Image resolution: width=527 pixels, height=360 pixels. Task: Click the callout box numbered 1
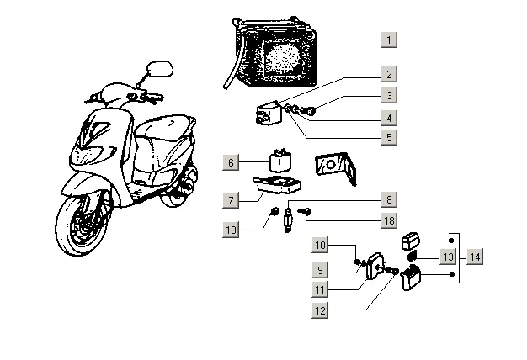click(388, 40)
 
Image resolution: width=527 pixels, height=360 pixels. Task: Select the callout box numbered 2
click(388, 75)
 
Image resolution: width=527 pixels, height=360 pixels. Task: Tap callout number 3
click(388, 96)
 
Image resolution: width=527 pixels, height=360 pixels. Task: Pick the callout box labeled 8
click(388, 200)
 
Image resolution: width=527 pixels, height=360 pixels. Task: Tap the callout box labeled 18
click(388, 221)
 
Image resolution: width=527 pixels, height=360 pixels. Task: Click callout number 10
click(321, 246)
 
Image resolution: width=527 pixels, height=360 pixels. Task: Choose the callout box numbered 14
click(476, 257)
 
